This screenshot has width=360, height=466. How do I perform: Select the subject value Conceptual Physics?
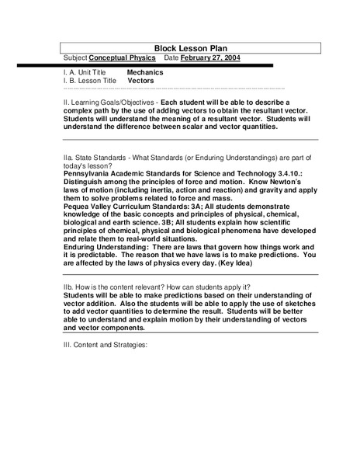click(x=122, y=57)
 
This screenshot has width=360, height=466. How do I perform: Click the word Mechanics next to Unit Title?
click(x=145, y=71)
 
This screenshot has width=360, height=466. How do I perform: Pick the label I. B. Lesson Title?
click(x=89, y=80)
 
